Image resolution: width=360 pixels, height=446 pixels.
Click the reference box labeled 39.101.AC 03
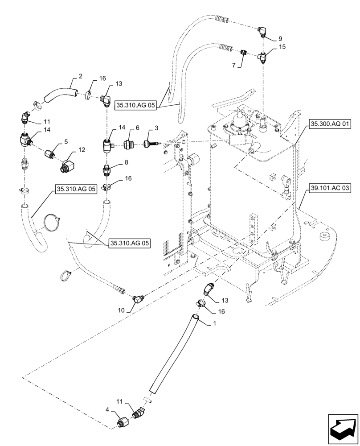tap(328, 189)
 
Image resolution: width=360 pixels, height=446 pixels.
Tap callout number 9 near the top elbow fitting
tap(280, 39)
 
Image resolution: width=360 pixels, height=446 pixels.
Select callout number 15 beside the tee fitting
tap(282, 47)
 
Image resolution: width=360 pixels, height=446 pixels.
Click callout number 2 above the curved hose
tap(80, 76)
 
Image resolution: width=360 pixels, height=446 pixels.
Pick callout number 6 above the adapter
tap(138, 128)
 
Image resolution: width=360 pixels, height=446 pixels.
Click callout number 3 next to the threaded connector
tap(155, 128)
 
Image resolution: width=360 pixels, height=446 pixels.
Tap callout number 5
tap(65, 142)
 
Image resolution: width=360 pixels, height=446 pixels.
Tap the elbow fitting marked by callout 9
tap(262, 31)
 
